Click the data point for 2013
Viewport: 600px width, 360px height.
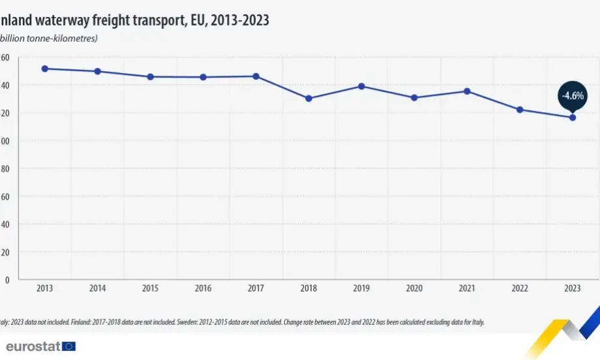(45, 68)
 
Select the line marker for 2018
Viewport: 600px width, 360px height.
(308, 98)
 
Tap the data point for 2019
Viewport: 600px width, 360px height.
(361, 86)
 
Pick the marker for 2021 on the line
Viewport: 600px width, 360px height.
(467, 91)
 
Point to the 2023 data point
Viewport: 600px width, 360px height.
(573, 117)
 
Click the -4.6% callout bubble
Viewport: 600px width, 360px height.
(573, 96)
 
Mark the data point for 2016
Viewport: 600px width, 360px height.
(203, 77)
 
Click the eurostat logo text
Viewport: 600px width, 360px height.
(33, 346)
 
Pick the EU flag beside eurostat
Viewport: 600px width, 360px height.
(68, 346)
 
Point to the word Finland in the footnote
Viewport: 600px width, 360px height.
(83, 322)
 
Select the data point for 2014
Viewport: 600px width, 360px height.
(98, 71)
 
